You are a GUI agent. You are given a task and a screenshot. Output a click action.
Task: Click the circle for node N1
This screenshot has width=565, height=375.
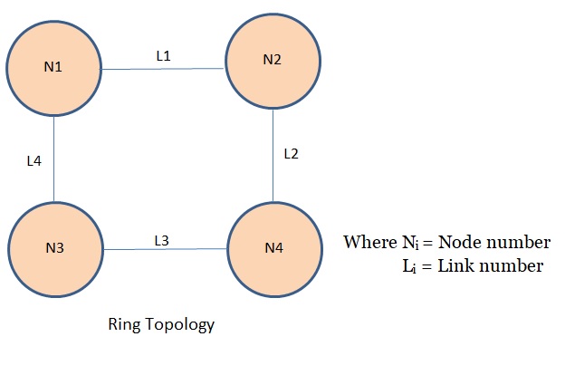pyautogui.click(x=53, y=68)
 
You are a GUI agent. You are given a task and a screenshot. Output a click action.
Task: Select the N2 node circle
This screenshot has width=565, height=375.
pyautogui.click(x=273, y=60)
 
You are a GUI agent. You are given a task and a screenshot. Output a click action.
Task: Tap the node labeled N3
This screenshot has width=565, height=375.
pyautogui.click(x=54, y=248)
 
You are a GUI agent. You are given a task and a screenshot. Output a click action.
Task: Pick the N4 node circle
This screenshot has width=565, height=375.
pyautogui.click(x=273, y=247)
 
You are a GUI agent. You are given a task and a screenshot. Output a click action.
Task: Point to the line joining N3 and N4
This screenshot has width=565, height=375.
pyautogui.click(x=163, y=247)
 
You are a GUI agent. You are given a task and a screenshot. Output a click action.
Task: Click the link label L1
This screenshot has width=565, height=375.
pyautogui.click(x=163, y=55)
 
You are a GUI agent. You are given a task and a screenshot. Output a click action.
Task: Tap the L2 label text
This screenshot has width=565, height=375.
pyautogui.click(x=291, y=153)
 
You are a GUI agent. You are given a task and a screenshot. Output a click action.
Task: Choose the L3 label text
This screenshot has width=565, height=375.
pyautogui.click(x=161, y=240)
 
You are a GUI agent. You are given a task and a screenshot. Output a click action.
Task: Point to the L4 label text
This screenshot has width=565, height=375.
pyautogui.click(x=34, y=162)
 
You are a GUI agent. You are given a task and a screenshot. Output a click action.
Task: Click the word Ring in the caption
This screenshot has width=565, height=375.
pyautogui.click(x=123, y=324)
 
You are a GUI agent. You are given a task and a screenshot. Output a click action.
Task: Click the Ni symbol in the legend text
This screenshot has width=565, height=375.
pyautogui.click(x=403, y=244)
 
